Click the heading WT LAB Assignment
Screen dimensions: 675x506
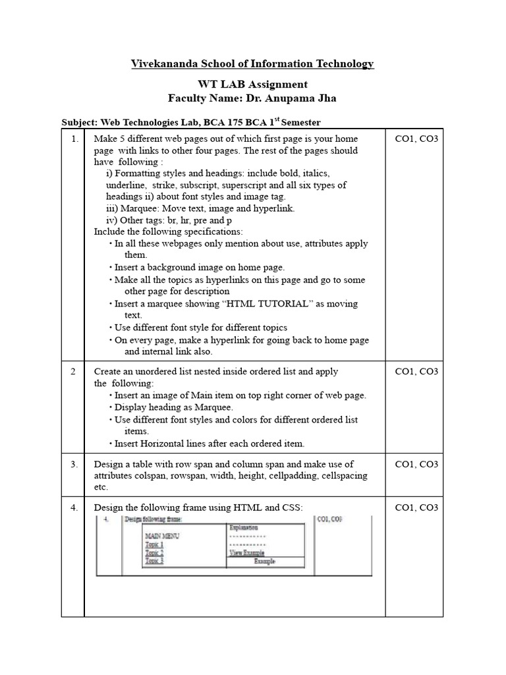coord(252,84)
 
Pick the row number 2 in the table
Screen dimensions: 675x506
coord(72,371)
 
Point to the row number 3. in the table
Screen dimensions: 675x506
coord(73,464)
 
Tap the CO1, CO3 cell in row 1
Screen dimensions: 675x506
coord(416,139)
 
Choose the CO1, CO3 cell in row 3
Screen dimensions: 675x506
coord(416,464)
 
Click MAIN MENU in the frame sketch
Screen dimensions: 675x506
coord(161,536)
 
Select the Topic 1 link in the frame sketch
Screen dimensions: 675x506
coord(154,544)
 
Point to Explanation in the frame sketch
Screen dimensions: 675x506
coord(243,527)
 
